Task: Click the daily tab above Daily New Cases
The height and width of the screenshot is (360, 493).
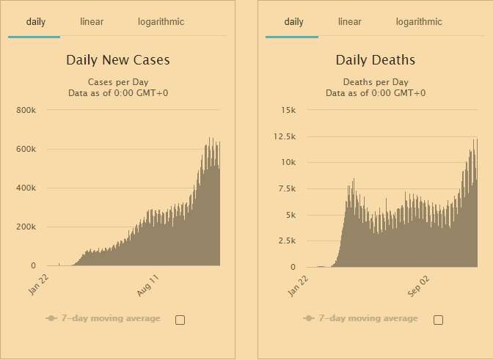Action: pyautogui.click(x=36, y=22)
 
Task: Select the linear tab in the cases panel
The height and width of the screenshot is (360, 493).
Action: pyautogui.click(x=92, y=22)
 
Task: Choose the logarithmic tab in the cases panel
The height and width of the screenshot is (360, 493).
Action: pyautogui.click(x=161, y=22)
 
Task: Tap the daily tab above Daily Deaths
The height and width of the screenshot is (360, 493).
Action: pyautogui.click(x=293, y=22)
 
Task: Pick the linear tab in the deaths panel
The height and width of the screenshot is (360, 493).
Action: pyautogui.click(x=350, y=22)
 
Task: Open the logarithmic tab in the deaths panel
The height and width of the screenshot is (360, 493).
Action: pyautogui.click(x=419, y=22)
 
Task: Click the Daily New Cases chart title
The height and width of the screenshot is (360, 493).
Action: pyautogui.click(x=117, y=60)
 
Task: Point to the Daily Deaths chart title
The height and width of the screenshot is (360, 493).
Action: pyautogui.click(x=375, y=60)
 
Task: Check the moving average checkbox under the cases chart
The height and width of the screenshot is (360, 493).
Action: pyautogui.click(x=180, y=319)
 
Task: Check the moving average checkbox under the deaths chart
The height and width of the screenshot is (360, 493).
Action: pyautogui.click(x=438, y=319)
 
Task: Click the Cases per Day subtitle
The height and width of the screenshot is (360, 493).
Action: pyautogui.click(x=117, y=81)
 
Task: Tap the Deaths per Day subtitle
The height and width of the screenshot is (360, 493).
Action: pyautogui.click(x=375, y=81)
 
